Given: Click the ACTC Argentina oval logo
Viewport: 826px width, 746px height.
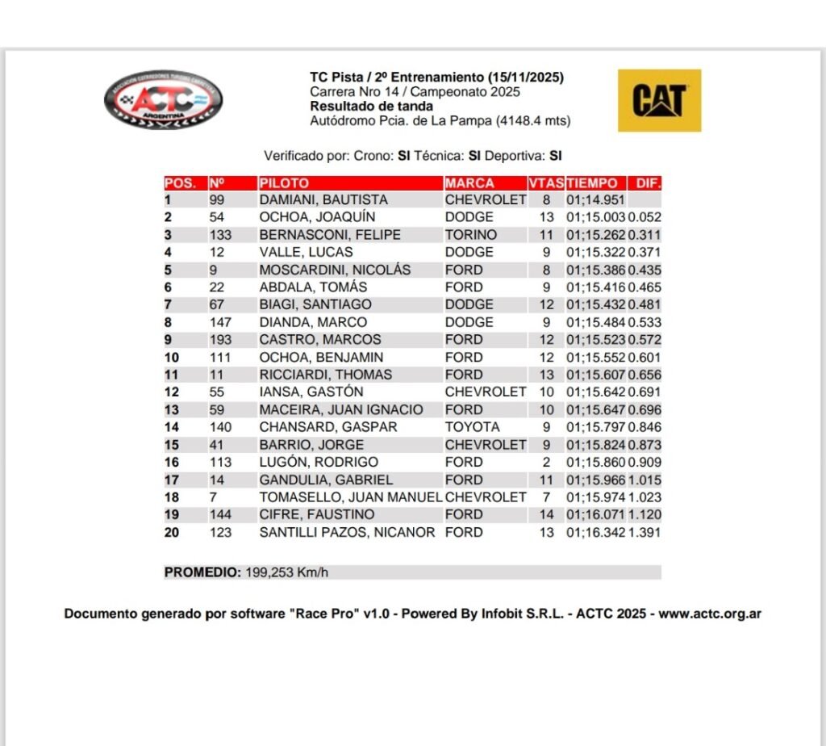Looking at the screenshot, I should click(164, 101).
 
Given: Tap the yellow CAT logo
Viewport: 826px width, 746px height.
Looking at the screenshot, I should click(659, 100).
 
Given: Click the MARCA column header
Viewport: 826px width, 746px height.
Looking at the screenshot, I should click(469, 183).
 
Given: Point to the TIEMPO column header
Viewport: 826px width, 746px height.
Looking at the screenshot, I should click(592, 183).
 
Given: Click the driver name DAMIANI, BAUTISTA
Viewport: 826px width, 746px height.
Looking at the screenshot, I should click(323, 200).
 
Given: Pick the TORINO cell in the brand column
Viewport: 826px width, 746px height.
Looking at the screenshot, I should click(471, 235).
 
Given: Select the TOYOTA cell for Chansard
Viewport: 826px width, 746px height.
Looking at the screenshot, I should click(472, 427).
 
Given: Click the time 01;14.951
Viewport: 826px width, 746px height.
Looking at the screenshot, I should click(595, 200).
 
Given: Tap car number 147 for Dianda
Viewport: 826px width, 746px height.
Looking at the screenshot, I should click(219, 322).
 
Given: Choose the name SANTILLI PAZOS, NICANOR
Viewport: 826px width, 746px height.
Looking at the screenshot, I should click(347, 533).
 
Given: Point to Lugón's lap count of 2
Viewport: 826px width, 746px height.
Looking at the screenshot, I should click(546, 463).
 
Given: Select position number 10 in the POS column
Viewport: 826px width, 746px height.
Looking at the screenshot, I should click(172, 358).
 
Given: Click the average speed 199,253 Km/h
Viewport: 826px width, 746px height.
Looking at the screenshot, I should click(286, 572).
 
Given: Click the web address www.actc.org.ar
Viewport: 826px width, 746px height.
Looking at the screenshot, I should click(710, 614).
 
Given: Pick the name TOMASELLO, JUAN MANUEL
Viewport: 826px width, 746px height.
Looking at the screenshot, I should click(350, 497).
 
